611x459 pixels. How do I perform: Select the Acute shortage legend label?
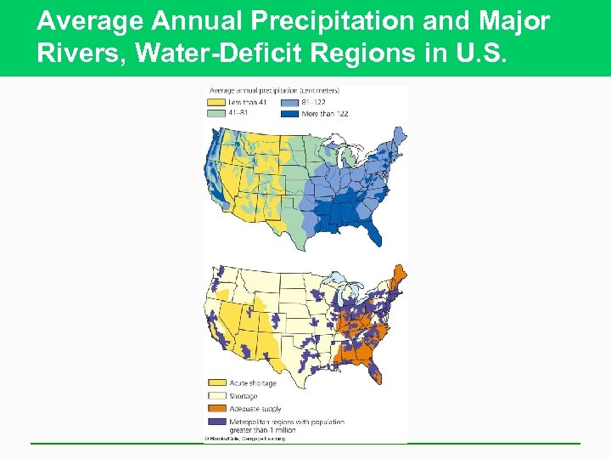(x=253, y=383)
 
